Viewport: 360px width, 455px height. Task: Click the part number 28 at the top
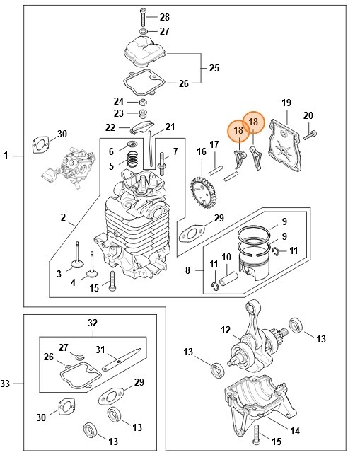pyautogui.click(x=165, y=16)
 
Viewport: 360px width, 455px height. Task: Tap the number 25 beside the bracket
pyautogui.click(x=214, y=68)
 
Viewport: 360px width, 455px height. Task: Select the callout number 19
pyautogui.click(x=286, y=103)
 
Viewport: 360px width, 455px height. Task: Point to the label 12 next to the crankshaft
pyautogui.click(x=226, y=330)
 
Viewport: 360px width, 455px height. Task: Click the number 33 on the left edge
pyautogui.click(x=6, y=384)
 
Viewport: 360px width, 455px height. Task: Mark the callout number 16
pyautogui.click(x=202, y=151)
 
